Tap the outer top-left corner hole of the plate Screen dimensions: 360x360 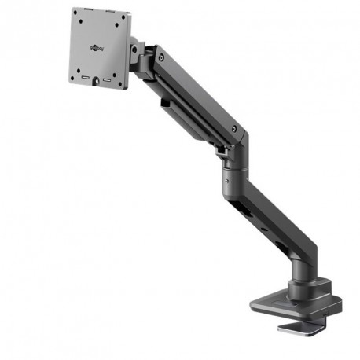pyautogui.click(x=75, y=13)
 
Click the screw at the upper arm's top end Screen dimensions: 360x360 pyautogui.click(x=162, y=57)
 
